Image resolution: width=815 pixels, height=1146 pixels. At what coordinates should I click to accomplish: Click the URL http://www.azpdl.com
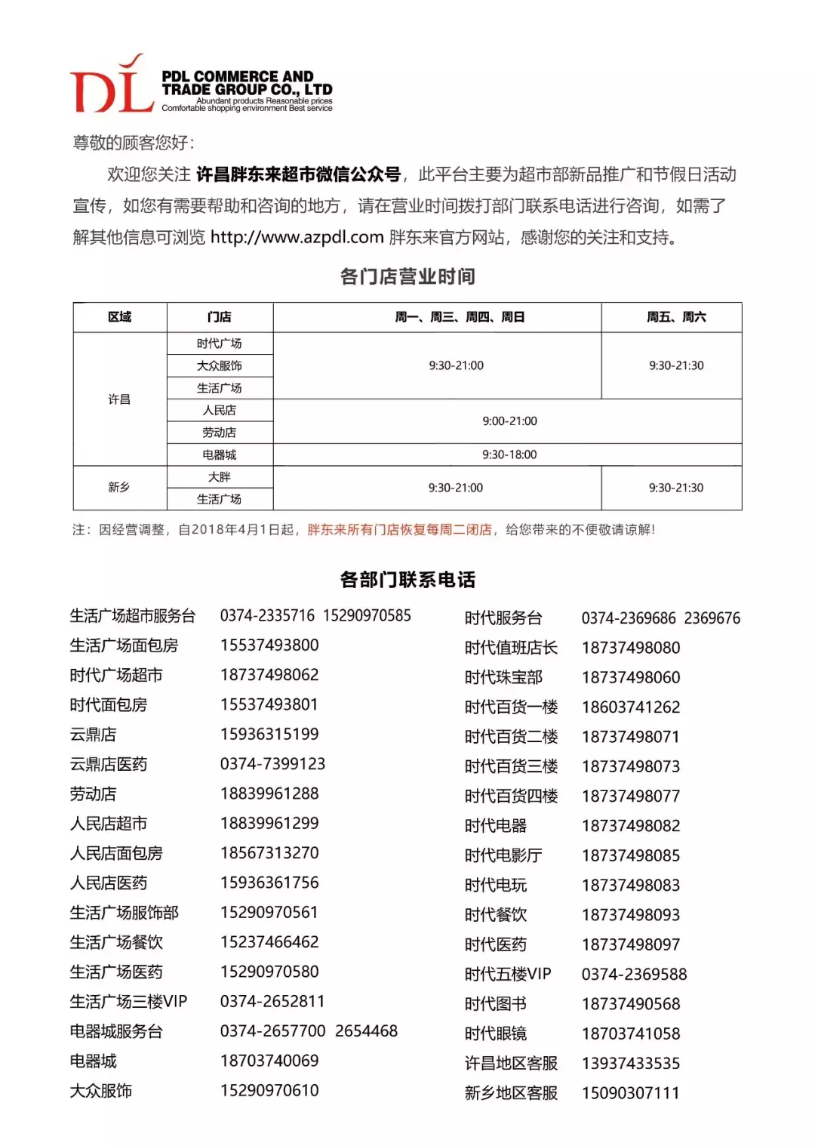click(x=297, y=237)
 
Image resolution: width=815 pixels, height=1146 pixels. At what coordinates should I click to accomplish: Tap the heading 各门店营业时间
click(x=407, y=276)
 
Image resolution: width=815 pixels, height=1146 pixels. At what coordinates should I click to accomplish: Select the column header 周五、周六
click(x=676, y=317)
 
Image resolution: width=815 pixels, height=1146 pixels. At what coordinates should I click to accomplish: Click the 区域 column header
click(x=119, y=317)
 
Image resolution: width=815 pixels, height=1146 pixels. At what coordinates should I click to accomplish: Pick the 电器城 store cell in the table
click(x=219, y=454)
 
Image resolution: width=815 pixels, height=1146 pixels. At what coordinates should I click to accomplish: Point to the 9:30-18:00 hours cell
click(x=509, y=454)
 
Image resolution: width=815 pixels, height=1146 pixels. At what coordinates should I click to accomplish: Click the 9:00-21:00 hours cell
click(x=509, y=421)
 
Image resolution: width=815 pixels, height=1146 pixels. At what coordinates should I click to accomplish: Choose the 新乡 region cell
click(x=119, y=488)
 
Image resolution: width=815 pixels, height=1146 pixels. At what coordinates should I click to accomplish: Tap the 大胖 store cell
click(x=219, y=477)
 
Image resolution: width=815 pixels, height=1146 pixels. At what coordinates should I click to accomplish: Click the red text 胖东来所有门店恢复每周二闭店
click(x=399, y=530)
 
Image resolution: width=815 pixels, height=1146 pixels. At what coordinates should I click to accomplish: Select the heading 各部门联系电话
click(x=407, y=580)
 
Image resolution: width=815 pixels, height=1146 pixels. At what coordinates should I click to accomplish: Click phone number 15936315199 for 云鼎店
click(x=269, y=735)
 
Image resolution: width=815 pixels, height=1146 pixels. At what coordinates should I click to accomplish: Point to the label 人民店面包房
click(x=116, y=853)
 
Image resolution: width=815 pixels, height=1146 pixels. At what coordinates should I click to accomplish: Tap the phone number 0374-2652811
click(x=272, y=1002)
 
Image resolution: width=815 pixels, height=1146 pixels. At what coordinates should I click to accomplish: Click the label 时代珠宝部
click(x=503, y=677)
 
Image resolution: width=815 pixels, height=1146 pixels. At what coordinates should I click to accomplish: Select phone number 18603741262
click(x=631, y=707)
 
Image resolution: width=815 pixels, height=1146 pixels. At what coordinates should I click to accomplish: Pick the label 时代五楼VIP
click(x=508, y=974)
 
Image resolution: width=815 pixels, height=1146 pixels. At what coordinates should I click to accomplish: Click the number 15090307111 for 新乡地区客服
click(x=631, y=1093)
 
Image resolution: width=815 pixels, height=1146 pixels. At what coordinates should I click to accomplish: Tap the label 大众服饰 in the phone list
click(x=101, y=1091)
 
